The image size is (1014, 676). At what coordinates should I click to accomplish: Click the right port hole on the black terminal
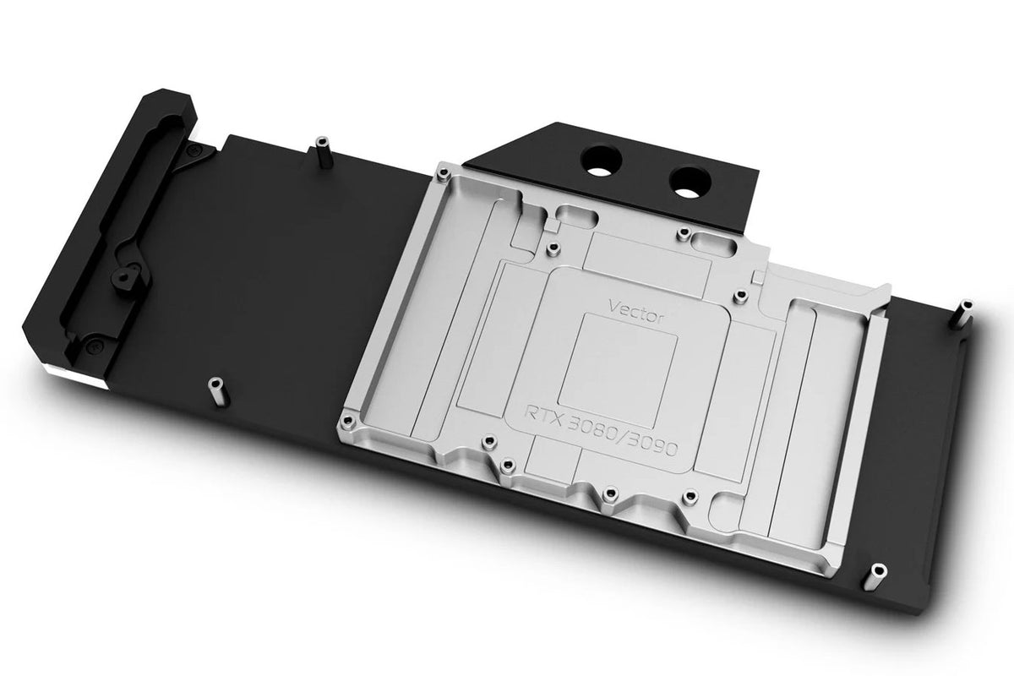tap(685, 177)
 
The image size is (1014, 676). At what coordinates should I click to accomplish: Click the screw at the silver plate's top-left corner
tap(442, 174)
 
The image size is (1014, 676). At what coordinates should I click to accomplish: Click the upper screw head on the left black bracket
tap(195, 150)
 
